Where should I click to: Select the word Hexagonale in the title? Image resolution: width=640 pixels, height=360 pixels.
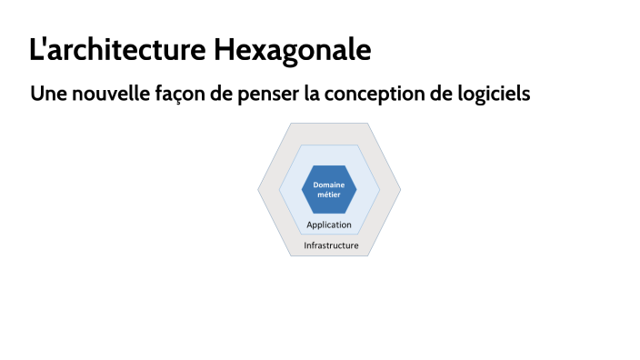tap(293, 50)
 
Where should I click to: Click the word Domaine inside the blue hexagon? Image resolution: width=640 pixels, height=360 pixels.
tap(329, 185)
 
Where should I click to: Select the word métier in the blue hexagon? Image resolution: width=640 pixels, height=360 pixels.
tap(329, 195)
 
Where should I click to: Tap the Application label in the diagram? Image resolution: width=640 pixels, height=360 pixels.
tap(329, 225)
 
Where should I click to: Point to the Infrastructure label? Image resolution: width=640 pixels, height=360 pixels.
tap(331, 245)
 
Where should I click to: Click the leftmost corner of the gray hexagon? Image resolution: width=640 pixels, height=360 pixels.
tap(258, 189)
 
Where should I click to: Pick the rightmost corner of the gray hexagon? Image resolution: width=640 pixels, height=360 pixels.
tap(401, 189)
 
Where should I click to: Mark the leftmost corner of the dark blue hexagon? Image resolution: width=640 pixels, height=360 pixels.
tap(302, 189)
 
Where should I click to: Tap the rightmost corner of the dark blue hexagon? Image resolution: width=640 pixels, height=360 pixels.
tap(356, 189)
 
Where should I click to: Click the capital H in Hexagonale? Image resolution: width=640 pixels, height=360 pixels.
tap(223, 50)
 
